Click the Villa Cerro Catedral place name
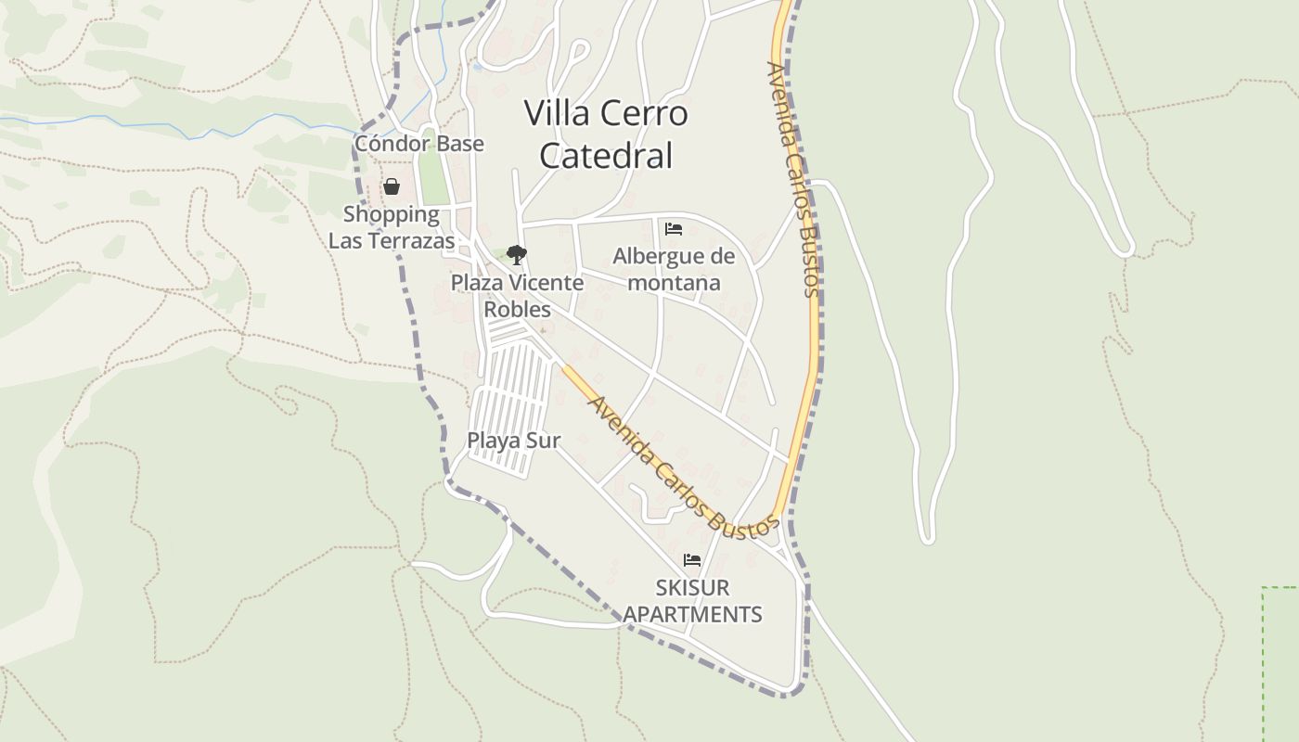[x=606, y=134]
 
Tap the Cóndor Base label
[x=419, y=144]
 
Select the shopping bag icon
[x=392, y=186]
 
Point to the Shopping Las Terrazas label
[x=392, y=227]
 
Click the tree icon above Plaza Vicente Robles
[x=517, y=255]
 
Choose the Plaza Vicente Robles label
[x=517, y=295]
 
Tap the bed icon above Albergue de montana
[x=674, y=229]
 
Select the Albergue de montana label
[x=674, y=269]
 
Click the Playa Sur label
[x=513, y=441]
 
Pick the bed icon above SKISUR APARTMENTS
[x=691, y=560]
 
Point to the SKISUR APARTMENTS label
[x=692, y=600]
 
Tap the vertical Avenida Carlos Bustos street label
[x=794, y=178]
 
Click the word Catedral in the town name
[x=606, y=156]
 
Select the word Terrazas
[x=409, y=241]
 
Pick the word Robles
[x=517, y=309]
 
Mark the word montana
[x=674, y=282]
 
